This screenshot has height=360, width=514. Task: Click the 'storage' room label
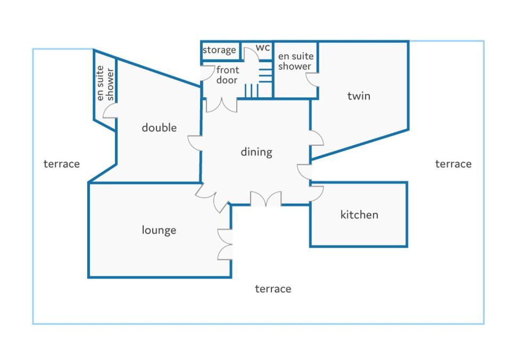coord(219,50)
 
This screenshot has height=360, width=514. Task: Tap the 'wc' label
coord(263,48)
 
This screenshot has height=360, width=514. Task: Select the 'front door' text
coord(228,75)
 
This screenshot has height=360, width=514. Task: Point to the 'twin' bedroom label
coord(359,96)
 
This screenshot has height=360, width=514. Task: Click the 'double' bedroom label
coord(159,128)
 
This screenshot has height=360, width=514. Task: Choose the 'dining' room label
coord(256,152)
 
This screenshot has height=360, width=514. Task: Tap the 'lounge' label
coord(159,230)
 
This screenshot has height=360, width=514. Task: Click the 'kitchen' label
coord(359,215)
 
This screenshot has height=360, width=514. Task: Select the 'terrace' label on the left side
coord(62,164)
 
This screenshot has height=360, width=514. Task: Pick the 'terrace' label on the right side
coord(453,164)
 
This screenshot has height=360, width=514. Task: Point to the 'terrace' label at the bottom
coord(273,289)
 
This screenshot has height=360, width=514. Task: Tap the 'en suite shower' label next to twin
coord(296,61)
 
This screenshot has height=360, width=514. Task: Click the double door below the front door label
coord(221,105)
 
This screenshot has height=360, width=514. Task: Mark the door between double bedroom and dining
coord(195,143)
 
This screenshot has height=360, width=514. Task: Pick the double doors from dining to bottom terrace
coord(266,199)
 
